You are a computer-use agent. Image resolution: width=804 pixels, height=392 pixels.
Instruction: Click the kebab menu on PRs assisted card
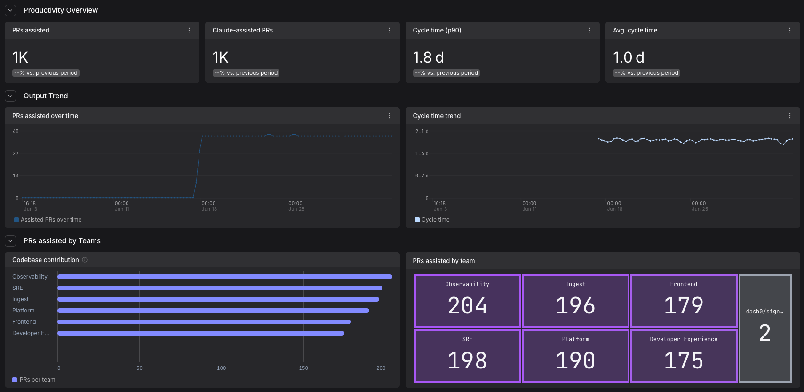tap(189, 30)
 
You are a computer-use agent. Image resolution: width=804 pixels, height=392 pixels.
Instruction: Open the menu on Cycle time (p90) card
tap(589, 30)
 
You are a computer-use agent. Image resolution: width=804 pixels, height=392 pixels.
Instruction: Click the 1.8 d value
tap(428, 57)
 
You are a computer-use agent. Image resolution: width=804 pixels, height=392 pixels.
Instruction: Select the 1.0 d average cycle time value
tap(629, 57)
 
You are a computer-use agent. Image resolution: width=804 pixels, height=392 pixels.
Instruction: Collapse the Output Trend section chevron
tap(10, 96)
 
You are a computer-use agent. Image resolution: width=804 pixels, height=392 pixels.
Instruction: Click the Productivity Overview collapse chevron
tap(10, 10)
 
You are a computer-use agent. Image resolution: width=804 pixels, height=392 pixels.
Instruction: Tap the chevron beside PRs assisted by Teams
tap(10, 241)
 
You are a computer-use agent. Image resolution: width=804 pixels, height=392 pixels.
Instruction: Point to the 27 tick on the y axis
tap(16, 153)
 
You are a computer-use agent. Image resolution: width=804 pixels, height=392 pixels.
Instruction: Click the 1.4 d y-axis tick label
tap(422, 153)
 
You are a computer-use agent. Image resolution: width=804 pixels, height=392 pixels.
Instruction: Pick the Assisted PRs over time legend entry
tap(48, 220)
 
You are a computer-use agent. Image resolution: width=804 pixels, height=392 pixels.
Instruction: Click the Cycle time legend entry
tap(432, 220)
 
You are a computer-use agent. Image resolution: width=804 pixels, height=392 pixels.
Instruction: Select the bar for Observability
tap(225, 277)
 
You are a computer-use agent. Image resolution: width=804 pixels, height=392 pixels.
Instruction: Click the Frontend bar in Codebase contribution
tap(204, 322)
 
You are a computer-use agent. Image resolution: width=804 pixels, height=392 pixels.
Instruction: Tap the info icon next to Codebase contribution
tap(85, 260)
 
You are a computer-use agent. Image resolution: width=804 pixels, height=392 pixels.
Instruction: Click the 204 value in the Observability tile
tap(467, 306)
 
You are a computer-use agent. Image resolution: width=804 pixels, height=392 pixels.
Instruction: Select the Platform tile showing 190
tap(576, 356)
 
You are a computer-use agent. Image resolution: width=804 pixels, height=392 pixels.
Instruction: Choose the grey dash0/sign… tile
tap(765, 328)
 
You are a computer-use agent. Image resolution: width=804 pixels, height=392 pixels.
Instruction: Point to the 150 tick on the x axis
tap(303, 368)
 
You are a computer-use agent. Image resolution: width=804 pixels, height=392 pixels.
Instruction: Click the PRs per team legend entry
tap(34, 380)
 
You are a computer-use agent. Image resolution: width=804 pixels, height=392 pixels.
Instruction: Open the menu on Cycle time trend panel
tap(789, 116)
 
